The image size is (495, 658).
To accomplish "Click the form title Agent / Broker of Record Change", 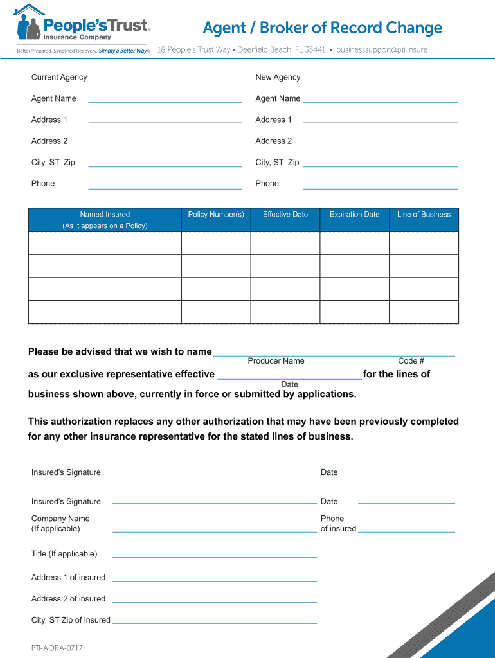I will click(322, 28).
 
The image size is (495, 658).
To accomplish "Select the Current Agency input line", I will click(165, 79).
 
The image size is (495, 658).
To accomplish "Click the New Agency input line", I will click(380, 79).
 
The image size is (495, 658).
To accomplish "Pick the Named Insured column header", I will click(105, 220).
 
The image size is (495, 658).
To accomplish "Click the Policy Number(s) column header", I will click(216, 215).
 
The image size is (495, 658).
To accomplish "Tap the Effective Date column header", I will click(285, 215).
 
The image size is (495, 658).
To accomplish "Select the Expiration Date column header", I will click(355, 215).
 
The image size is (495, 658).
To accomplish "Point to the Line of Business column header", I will click(424, 215).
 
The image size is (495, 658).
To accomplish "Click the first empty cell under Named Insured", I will click(105, 243).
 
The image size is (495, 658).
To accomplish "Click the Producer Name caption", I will click(276, 361).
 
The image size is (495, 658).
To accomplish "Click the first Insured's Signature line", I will click(214, 473).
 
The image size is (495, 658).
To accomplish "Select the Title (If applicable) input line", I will click(214, 555).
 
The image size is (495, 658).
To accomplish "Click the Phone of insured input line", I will click(406, 529).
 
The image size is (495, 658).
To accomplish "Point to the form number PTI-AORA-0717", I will click(57, 648).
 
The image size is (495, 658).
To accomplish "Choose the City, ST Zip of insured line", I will click(214, 621).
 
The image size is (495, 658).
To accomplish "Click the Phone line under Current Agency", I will click(165, 186).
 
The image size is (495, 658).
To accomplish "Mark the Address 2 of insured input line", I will click(214, 600).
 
